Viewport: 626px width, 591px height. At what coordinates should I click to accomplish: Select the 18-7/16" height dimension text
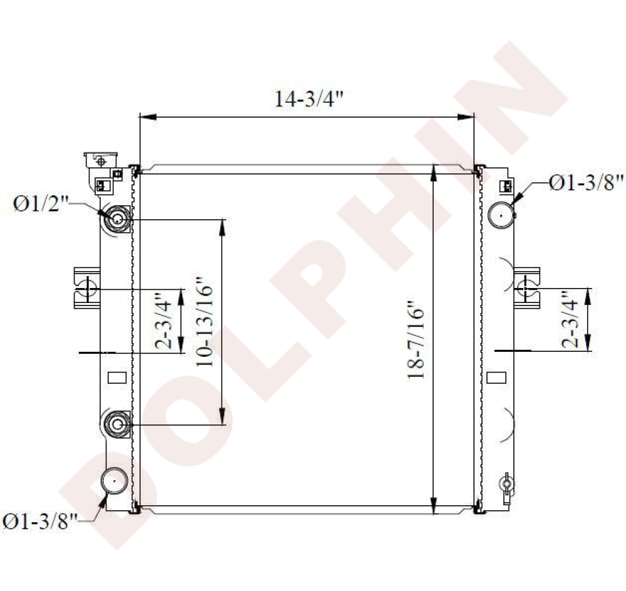point(416,342)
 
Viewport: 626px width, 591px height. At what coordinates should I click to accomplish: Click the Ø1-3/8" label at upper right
point(587,183)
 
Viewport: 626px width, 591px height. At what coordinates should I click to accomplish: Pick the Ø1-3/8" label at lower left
point(40,521)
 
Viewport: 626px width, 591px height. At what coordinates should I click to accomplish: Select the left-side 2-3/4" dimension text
point(165,320)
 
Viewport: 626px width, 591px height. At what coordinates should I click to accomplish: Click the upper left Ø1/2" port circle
point(118,219)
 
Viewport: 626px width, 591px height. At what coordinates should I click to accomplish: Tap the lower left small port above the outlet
point(118,424)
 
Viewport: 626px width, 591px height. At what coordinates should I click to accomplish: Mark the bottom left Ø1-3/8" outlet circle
point(115,482)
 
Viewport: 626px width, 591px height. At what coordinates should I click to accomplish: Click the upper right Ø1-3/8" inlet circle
point(501,215)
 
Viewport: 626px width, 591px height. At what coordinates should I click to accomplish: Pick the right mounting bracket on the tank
point(526,288)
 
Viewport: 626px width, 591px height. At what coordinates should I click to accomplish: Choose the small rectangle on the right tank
point(496,378)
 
